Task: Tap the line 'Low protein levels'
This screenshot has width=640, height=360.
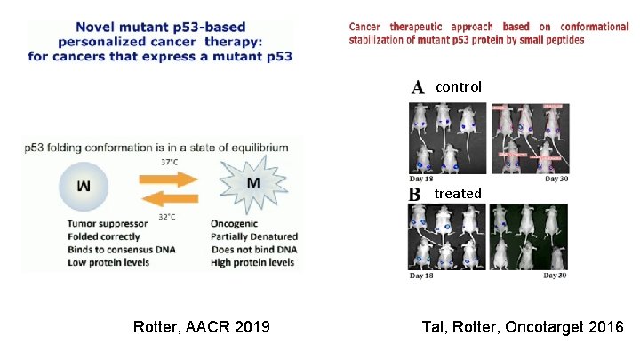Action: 108,262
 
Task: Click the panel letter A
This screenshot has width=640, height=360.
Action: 417,87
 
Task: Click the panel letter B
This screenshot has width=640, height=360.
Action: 414,194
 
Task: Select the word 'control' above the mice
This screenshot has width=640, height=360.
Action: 459,87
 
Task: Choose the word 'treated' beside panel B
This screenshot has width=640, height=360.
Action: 458,194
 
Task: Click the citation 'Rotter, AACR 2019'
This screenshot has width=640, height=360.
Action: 202,328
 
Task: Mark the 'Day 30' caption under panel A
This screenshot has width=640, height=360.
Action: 556,179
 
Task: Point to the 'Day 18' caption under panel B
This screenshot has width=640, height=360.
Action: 422,276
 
